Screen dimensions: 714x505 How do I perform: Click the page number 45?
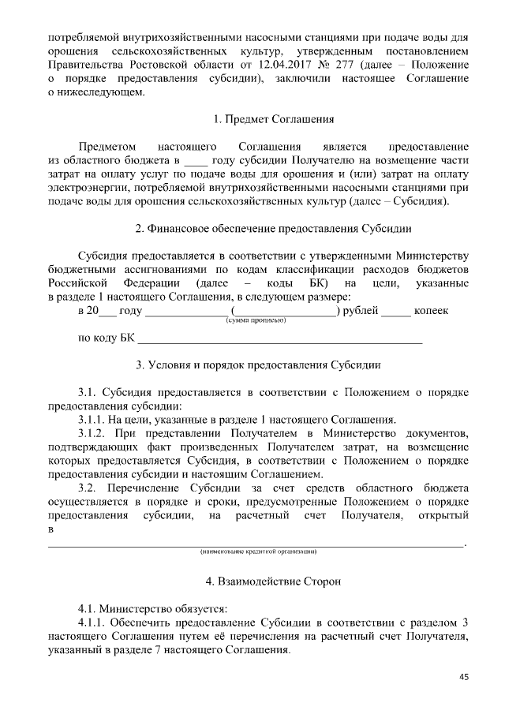[x=464, y=677]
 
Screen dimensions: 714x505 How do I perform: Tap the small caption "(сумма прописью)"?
[x=256, y=321]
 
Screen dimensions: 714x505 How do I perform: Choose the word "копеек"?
[x=431, y=311]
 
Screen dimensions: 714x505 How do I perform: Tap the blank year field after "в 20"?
[x=107, y=312]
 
